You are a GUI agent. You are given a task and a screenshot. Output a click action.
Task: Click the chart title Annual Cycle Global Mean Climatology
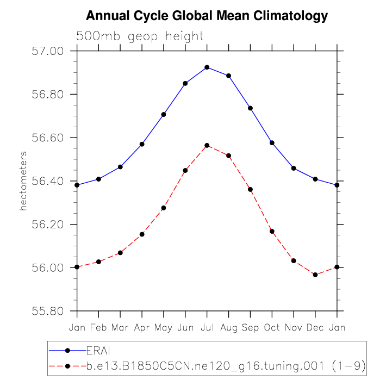pyautogui.click(x=207, y=16)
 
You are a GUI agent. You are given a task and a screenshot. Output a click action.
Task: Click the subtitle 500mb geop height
pyautogui.click(x=140, y=36)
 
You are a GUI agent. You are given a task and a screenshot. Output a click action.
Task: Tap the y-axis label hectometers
pyautogui.click(x=23, y=181)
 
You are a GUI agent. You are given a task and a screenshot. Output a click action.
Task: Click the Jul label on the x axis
pyautogui.click(x=207, y=327)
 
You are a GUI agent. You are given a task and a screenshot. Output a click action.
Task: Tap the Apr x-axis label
pyautogui.click(x=142, y=327)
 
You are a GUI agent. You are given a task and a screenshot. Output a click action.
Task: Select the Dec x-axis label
pyautogui.click(x=315, y=327)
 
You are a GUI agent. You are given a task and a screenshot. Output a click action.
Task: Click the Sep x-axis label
pyautogui.click(x=250, y=327)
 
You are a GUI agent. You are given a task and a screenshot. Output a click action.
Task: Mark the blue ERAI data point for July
pyautogui.click(x=207, y=67)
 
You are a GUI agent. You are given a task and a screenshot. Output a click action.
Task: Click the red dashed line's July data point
pyautogui.click(x=207, y=145)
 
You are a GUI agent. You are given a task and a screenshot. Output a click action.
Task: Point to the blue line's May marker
pyautogui.click(x=164, y=114)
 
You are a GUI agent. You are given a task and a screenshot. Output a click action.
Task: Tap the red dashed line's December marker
pyautogui.click(x=315, y=275)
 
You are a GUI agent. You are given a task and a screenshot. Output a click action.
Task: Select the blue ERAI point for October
pyautogui.click(x=272, y=142)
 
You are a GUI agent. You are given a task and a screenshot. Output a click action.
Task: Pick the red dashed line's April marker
pyautogui.click(x=142, y=234)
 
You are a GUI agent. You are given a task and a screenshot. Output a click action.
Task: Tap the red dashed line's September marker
pyautogui.click(x=250, y=189)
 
